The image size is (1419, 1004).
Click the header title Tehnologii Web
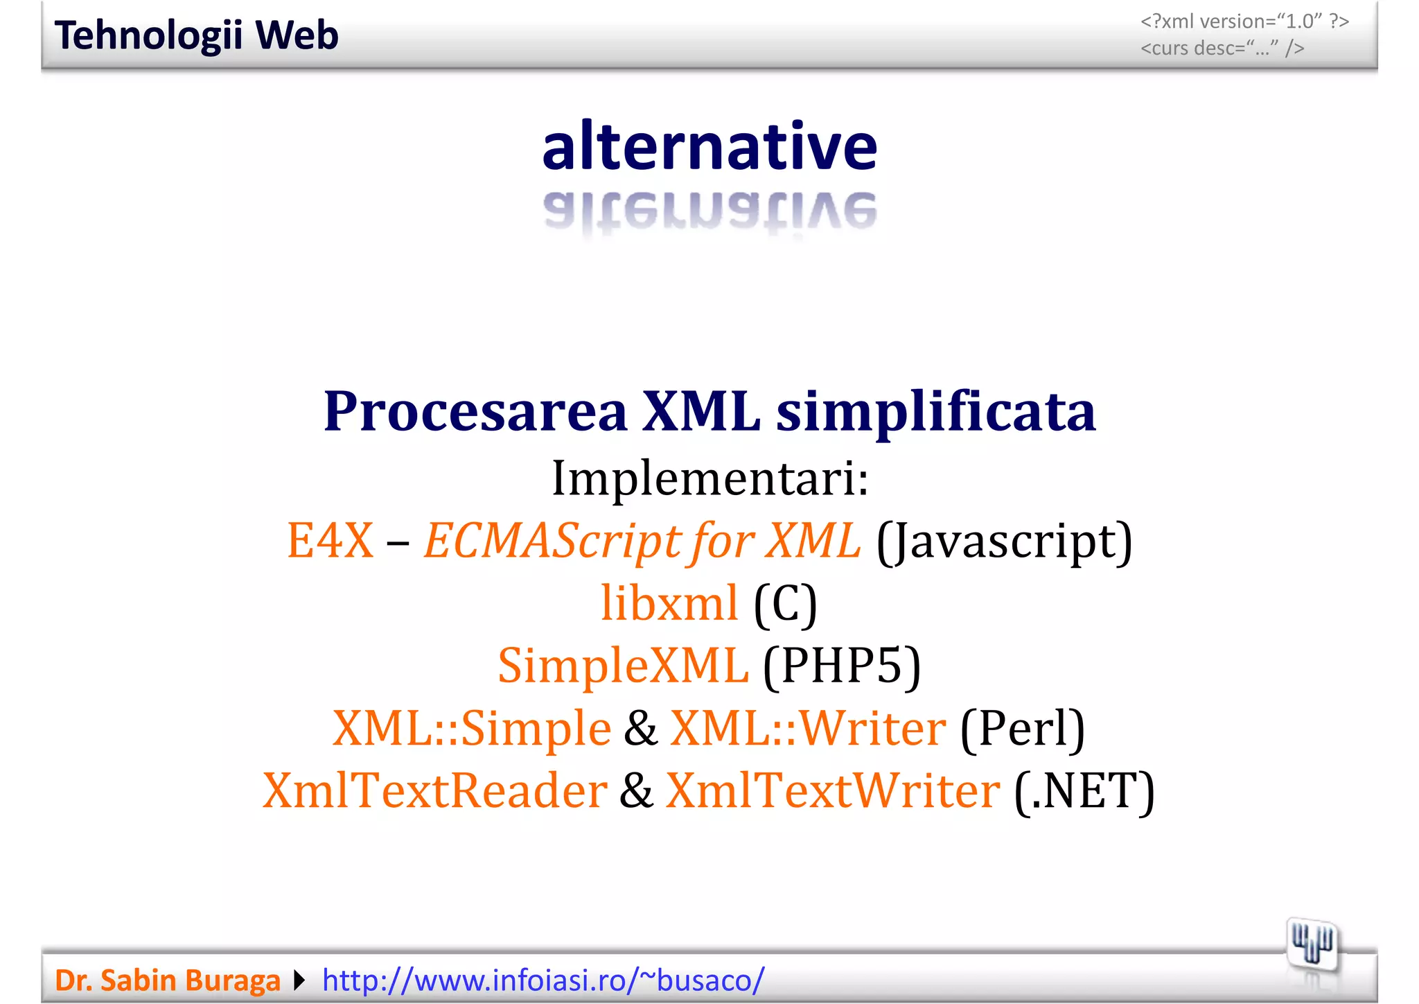pos(197,35)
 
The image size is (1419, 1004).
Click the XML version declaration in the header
pos(1244,21)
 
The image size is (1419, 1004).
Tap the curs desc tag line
pos(1222,49)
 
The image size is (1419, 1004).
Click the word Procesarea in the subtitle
pos(475,411)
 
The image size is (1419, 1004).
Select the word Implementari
pos(709,478)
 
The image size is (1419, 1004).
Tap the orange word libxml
pos(669,603)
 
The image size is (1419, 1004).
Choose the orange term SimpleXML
pos(623,665)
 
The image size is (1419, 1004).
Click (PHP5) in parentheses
pos(842,665)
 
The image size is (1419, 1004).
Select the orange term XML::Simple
pos(472,728)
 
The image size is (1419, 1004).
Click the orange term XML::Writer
pos(808,728)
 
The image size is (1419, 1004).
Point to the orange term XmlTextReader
pos(435,790)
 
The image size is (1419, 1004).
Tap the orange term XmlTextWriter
pos(833,790)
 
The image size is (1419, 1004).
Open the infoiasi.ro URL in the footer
pos(543,980)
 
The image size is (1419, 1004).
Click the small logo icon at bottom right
pos(1312,945)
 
